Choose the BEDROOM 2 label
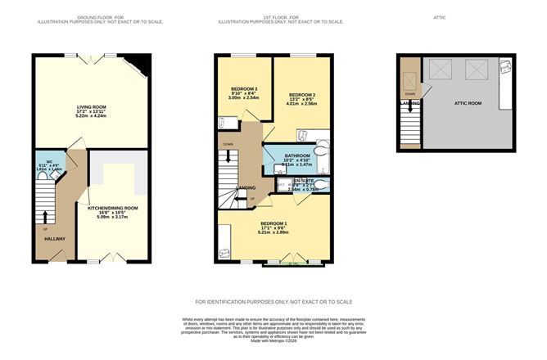[301, 94]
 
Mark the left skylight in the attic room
[440, 68]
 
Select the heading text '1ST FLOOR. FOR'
[274, 16]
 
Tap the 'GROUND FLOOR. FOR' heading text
[98, 16]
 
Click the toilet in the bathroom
[320, 150]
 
